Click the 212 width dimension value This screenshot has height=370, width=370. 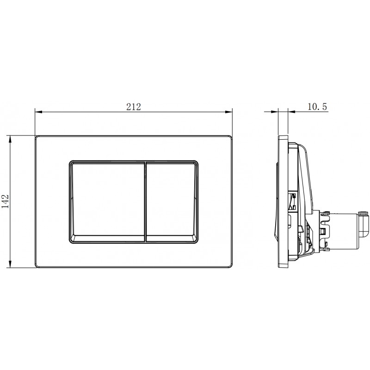134,107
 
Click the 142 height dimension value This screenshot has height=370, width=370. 6,201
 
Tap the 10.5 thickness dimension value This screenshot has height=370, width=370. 317,107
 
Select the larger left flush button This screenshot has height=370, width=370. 108,202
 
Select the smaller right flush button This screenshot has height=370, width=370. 172,202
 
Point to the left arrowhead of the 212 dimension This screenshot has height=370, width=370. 38,111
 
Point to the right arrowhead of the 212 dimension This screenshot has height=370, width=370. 228,111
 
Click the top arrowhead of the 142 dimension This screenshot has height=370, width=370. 10,139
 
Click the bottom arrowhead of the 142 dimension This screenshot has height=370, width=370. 10,264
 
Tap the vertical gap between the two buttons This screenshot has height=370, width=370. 145,202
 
